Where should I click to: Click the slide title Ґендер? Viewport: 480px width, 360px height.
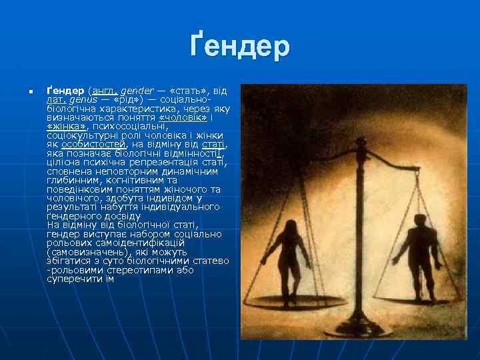239,47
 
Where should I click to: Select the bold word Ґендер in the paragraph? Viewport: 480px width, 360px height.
65,90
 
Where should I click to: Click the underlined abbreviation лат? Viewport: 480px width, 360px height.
55,99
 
